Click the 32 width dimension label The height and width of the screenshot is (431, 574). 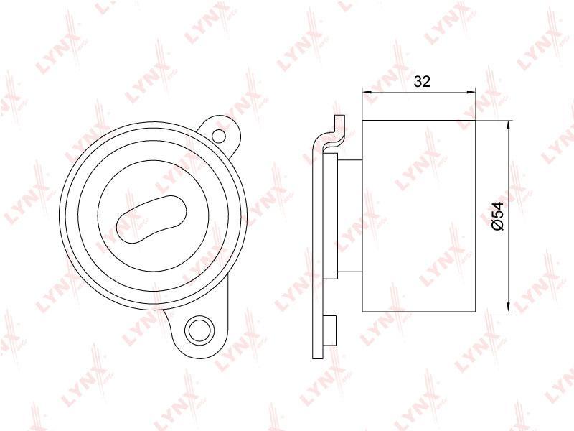pyautogui.click(x=422, y=81)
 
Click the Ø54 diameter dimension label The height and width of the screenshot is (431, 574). pyautogui.click(x=497, y=216)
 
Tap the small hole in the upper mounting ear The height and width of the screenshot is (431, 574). pyautogui.click(x=219, y=136)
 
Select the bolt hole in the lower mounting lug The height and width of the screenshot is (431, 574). pyautogui.click(x=198, y=330)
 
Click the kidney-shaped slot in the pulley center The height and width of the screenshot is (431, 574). pyautogui.click(x=151, y=219)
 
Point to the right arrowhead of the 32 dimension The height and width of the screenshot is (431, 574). pyautogui.click(x=471, y=93)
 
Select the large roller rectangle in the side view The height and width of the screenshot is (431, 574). pyautogui.click(x=418, y=216)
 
